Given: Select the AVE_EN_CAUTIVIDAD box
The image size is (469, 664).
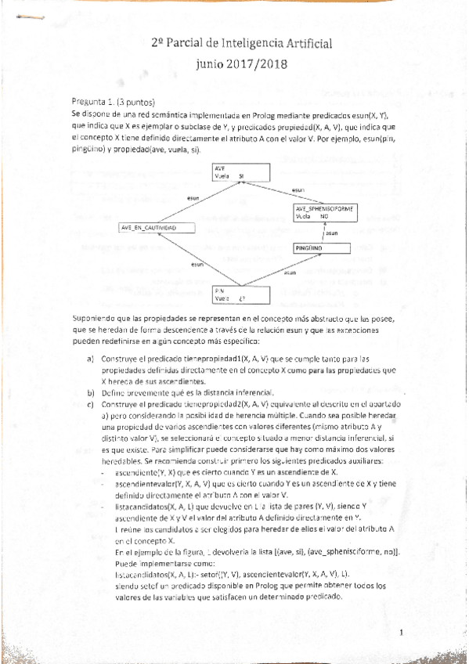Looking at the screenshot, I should pyautogui.click(x=155, y=227).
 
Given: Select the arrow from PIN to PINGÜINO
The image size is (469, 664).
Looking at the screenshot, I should pyautogui.click(x=283, y=272).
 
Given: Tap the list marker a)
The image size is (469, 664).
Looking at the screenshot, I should pyautogui.click(x=90, y=358).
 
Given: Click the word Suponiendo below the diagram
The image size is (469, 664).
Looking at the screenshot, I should pyautogui.click(x=91, y=319).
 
